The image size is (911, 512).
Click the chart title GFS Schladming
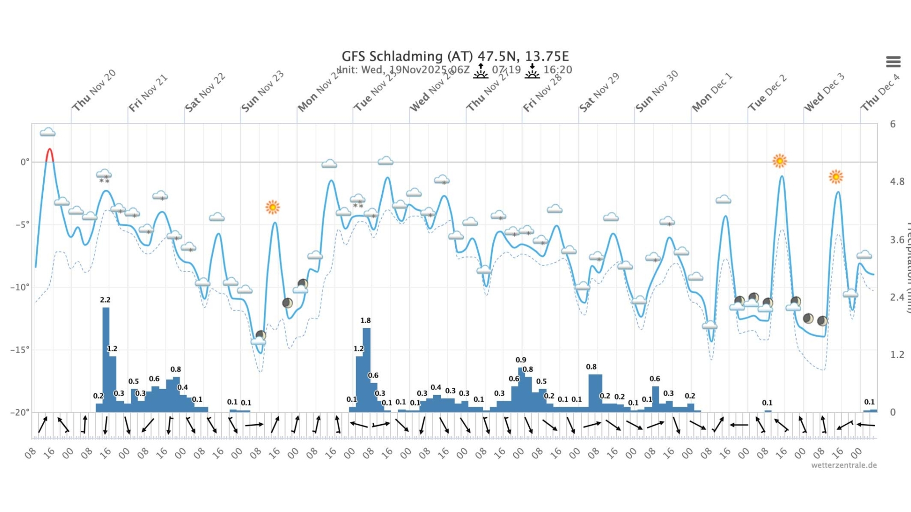click(455, 56)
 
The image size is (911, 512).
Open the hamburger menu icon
click(893, 61)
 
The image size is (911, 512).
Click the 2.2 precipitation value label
click(105, 300)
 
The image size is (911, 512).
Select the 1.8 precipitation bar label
click(365, 320)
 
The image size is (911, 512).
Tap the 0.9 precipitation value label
click(521, 360)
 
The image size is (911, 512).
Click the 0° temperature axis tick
click(25, 162)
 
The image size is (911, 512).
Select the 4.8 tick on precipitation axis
click(897, 182)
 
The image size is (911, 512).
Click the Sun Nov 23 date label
click(262, 91)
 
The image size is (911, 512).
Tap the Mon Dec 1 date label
click(712, 92)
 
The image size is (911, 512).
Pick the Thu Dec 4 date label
click(880, 92)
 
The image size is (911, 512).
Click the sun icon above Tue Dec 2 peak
click(779, 161)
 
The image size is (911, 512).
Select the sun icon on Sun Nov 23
click(272, 208)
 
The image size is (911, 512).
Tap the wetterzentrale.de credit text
click(844, 465)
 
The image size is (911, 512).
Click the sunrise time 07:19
click(506, 70)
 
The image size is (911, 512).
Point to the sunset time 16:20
click(558, 70)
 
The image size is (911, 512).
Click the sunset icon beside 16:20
click(532, 71)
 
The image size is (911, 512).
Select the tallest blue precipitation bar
click(106, 360)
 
